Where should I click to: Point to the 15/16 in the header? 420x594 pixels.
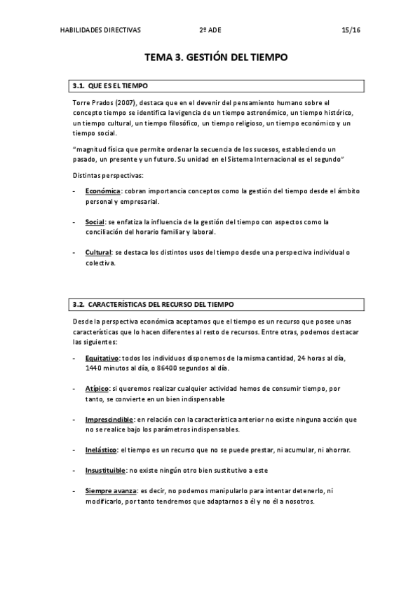coord(351,30)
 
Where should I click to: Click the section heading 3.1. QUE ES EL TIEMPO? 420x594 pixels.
coord(110,86)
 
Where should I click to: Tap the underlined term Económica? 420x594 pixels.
coord(103,191)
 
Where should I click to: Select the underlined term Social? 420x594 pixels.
coord(95,222)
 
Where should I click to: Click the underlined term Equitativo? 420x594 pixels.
coord(102,358)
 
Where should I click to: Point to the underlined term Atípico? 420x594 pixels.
coord(97,388)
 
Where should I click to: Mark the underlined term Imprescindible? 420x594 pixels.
coord(110,419)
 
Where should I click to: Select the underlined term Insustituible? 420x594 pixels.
coord(106,470)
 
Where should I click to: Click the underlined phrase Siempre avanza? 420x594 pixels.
coord(110,490)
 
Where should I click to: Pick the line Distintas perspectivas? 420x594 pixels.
coord(107,174)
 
